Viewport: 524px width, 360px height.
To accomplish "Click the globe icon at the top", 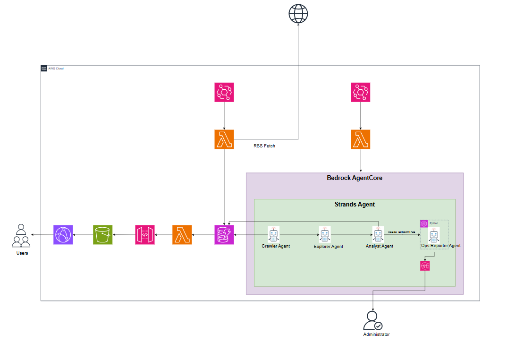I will [298, 14].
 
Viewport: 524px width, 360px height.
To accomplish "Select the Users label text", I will [22, 253].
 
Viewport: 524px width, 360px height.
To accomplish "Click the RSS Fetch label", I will [264, 146].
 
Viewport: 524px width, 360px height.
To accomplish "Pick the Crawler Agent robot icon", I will [274, 234].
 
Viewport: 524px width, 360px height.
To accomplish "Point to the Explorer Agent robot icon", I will [324, 234].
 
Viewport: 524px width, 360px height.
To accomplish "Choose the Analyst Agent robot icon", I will [378, 234].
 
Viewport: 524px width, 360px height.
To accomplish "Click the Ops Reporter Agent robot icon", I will [434, 235].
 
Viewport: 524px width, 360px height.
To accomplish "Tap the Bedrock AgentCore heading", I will [355, 178].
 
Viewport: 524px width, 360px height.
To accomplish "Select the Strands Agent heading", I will [355, 205].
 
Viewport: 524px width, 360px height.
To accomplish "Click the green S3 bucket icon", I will [102, 235].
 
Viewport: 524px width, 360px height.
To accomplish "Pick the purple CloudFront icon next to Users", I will [63, 235].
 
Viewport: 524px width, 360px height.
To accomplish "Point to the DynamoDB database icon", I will [224, 235].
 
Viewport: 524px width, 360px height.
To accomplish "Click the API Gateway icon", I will [145, 235].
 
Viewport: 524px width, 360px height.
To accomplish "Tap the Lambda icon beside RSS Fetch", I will [224, 140].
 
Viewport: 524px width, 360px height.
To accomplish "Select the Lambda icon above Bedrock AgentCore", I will [361, 140].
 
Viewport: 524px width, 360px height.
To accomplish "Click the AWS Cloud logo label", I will [52, 69].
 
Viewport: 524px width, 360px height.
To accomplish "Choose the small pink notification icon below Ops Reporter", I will [425, 266].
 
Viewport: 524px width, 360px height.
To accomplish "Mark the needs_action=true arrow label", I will [402, 232].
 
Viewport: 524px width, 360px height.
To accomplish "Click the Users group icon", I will [21, 237].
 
